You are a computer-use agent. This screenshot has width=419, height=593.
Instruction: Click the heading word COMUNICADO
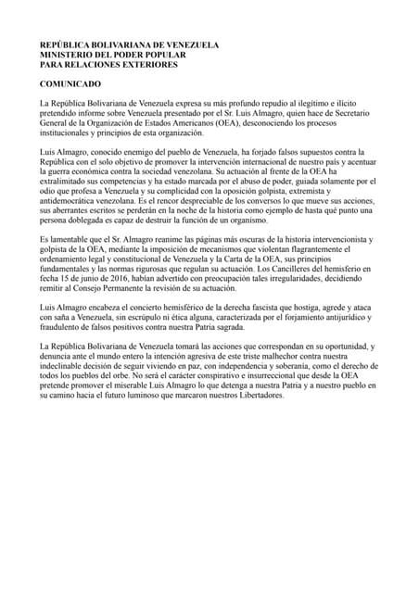tap(70, 84)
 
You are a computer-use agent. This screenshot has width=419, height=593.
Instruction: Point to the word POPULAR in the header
tap(175, 54)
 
